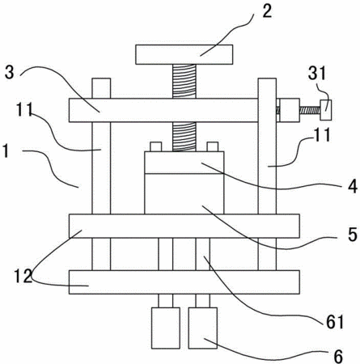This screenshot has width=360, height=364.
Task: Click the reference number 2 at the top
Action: [267, 11]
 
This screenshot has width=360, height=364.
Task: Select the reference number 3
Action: [10, 72]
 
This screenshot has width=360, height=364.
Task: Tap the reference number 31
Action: [317, 73]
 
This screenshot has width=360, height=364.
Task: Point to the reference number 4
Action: [353, 186]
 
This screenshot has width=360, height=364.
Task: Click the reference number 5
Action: [353, 235]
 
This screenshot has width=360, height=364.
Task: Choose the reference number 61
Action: [335, 322]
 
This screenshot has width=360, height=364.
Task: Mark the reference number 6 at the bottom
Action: [338, 356]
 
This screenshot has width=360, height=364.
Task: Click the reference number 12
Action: [23, 276]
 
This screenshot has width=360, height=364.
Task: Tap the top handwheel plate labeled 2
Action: [184, 54]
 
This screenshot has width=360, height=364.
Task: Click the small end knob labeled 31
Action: [326, 110]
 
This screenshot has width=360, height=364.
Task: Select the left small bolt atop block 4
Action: [155, 146]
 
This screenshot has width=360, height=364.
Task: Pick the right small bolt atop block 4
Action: [212, 146]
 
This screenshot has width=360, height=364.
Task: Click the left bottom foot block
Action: [166, 328]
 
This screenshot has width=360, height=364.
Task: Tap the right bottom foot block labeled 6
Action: [203, 328]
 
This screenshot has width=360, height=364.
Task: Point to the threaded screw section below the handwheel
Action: [184, 81]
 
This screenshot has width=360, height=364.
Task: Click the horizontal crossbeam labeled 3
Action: [163, 110]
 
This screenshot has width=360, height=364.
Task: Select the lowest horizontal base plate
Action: [184, 281]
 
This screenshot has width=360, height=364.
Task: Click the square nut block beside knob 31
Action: [290, 110]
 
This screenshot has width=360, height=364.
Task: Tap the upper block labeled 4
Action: [184, 163]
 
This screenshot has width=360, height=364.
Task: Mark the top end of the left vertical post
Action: [101, 78]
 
